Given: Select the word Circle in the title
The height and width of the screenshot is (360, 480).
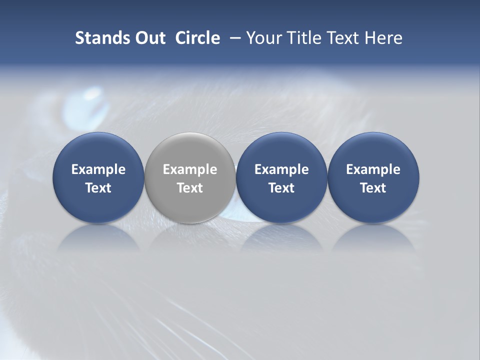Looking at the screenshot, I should click(197, 38).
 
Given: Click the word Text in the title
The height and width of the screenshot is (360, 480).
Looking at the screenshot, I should click(343, 38).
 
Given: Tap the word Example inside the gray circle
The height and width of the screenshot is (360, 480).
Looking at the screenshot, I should click(190, 169).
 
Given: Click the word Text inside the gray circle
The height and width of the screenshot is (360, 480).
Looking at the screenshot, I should click(190, 188).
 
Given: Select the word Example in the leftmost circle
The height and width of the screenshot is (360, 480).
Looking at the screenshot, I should click(98, 169).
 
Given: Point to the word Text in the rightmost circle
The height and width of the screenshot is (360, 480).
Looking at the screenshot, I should click(373, 188).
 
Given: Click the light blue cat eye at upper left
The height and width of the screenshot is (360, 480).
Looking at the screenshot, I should click(85, 105).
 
